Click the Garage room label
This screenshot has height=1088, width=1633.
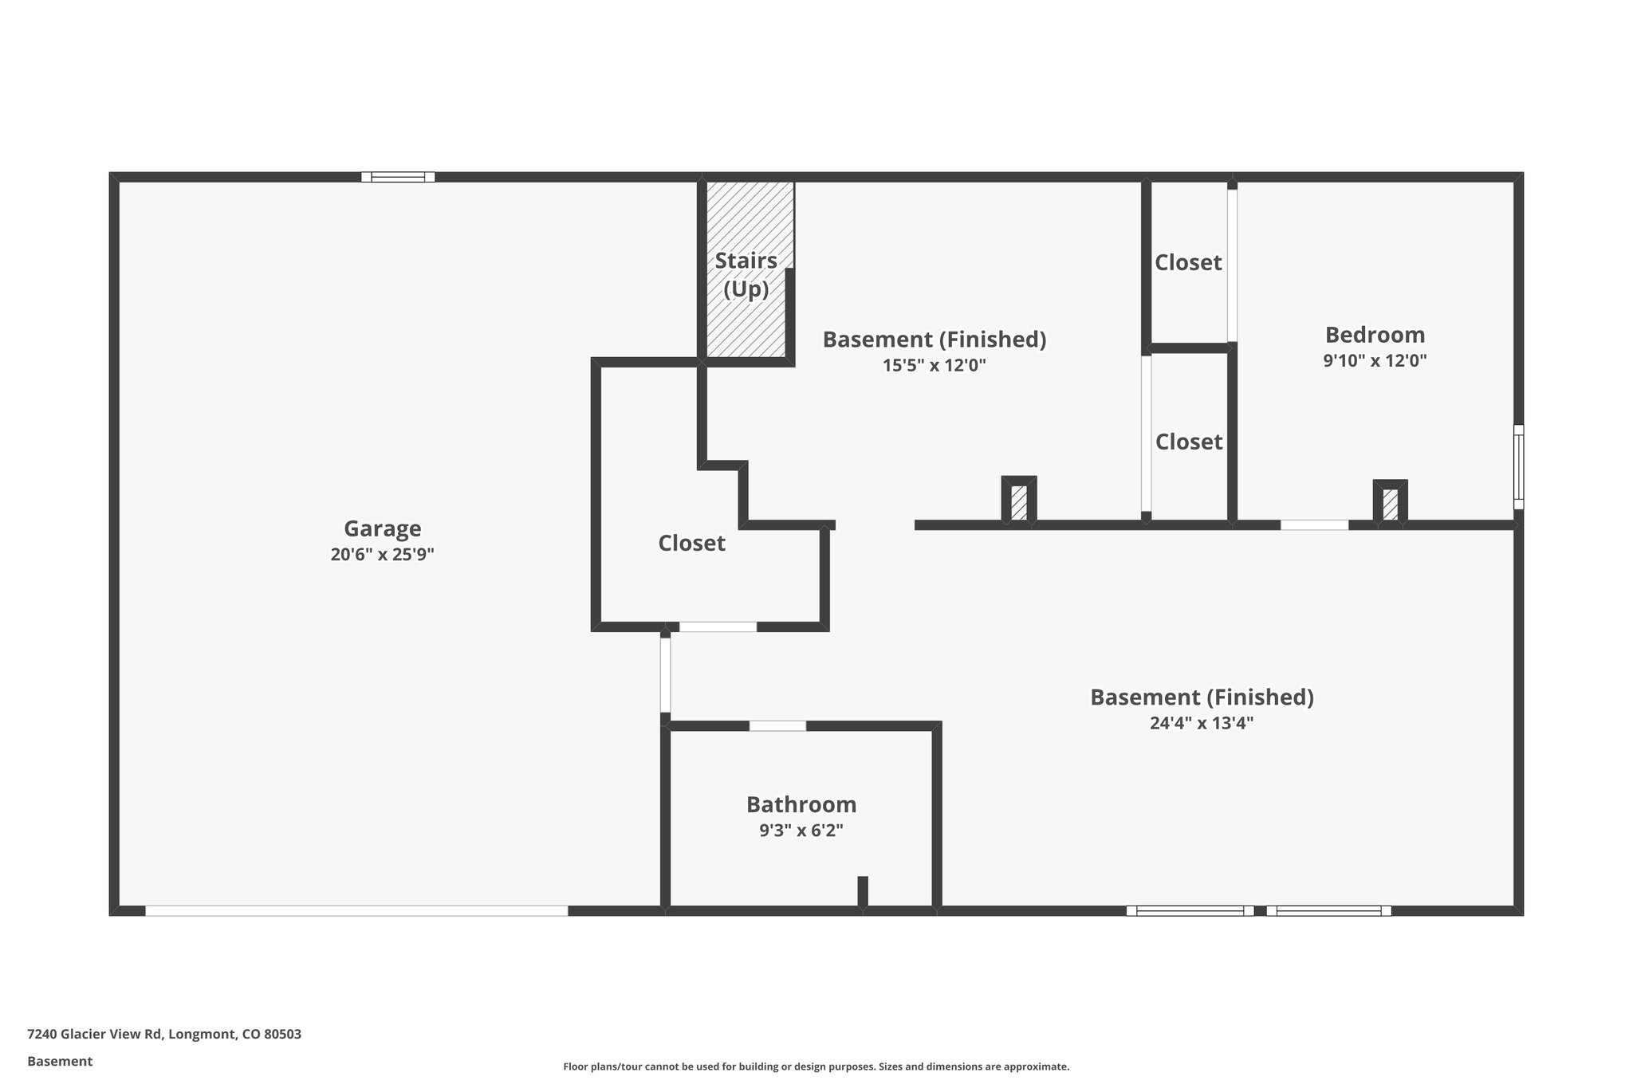[x=382, y=528]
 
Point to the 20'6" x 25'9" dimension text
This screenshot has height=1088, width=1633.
[x=382, y=554]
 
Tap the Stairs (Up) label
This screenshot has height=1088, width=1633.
[x=746, y=274]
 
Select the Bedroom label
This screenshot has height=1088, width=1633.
[x=1375, y=335]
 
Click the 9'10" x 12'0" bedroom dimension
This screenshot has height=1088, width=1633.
[x=1375, y=360]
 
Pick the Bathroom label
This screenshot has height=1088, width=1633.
[x=801, y=804]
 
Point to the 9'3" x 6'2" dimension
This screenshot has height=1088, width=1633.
[x=801, y=831]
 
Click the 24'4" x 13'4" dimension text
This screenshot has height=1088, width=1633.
[x=1202, y=723]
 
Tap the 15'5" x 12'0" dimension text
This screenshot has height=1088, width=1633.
[x=935, y=366]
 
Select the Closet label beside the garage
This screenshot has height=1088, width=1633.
[x=691, y=543]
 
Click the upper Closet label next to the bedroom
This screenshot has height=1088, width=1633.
[x=1188, y=262]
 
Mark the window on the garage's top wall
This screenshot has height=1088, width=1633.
[x=398, y=177]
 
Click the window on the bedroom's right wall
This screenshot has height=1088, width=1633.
[x=1518, y=467]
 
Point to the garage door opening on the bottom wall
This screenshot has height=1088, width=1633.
[x=356, y=910]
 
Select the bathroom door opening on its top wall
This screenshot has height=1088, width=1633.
[x=777, y=725]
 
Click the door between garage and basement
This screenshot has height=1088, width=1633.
[x=665, y=674]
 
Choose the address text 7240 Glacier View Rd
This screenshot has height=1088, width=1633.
[x=164, y=1035]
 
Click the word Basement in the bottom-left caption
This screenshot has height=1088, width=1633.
[x=60, y=1061]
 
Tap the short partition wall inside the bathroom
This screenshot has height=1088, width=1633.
[x=862, y=891]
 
